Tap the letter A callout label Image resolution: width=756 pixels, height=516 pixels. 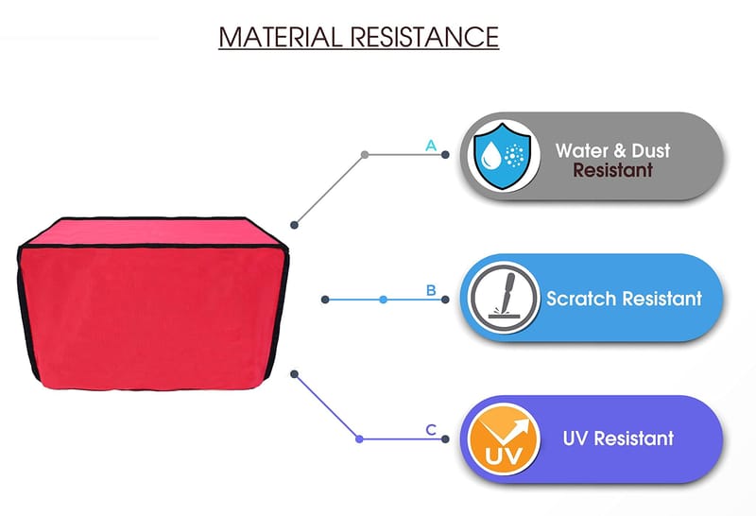pos(431,146)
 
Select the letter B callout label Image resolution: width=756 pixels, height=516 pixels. pos(431,290)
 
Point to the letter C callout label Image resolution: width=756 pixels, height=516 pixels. pos(431,430)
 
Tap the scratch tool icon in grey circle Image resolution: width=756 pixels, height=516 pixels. pos(500,299)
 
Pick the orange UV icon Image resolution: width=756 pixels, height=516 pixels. pos(500,439)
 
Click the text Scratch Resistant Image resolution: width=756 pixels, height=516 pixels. pos(624,299)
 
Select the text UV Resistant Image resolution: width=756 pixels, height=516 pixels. pos(618,439)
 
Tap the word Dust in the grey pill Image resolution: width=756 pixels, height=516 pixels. pos(650,150)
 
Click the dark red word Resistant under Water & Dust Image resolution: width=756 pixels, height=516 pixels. pos(612,171)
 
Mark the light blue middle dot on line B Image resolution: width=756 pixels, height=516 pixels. pos(383,300)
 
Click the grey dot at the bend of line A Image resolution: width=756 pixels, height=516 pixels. pos(365,154)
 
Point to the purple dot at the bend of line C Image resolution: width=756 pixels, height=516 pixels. pos(359,439)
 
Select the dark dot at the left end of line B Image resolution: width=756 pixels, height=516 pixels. pos(325,300)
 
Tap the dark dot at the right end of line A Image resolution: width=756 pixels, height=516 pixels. pos(445,154)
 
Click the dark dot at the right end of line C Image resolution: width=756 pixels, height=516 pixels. pos(445,439)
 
